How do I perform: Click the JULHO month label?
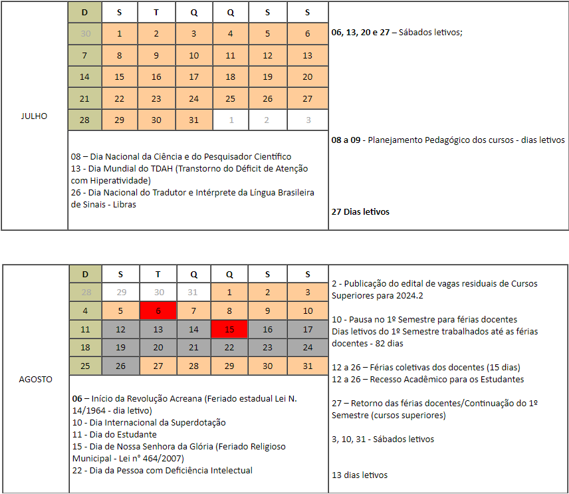pyautogui.click(x=35, y=116)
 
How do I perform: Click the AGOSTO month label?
pyautogui.click(x=35, y=380)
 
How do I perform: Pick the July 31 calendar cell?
pyautogui.click(x=193, y=120)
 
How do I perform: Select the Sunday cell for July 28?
pyautogui.click(x=84, y=120)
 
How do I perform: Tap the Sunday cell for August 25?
pyautogui.click(x=84, y=366)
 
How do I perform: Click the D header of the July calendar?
pyautogui.click(x=84, y=13)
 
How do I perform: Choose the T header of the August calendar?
pyautogui.click(x=157, y=274)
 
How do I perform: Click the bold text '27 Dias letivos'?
pyautogui.click(x=360, y=211)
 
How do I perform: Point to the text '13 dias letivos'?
pyautogui.click(x=360, y=475)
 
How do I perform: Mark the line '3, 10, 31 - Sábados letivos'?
pyautogui.click(x=383, y=439)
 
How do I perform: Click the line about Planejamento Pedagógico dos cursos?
pyautogui.click(x=448, y=140)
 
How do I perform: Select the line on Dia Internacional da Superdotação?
pyautogui.click(x=149, y=422)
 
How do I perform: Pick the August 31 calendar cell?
pyautogui.click(x=308, y=366)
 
